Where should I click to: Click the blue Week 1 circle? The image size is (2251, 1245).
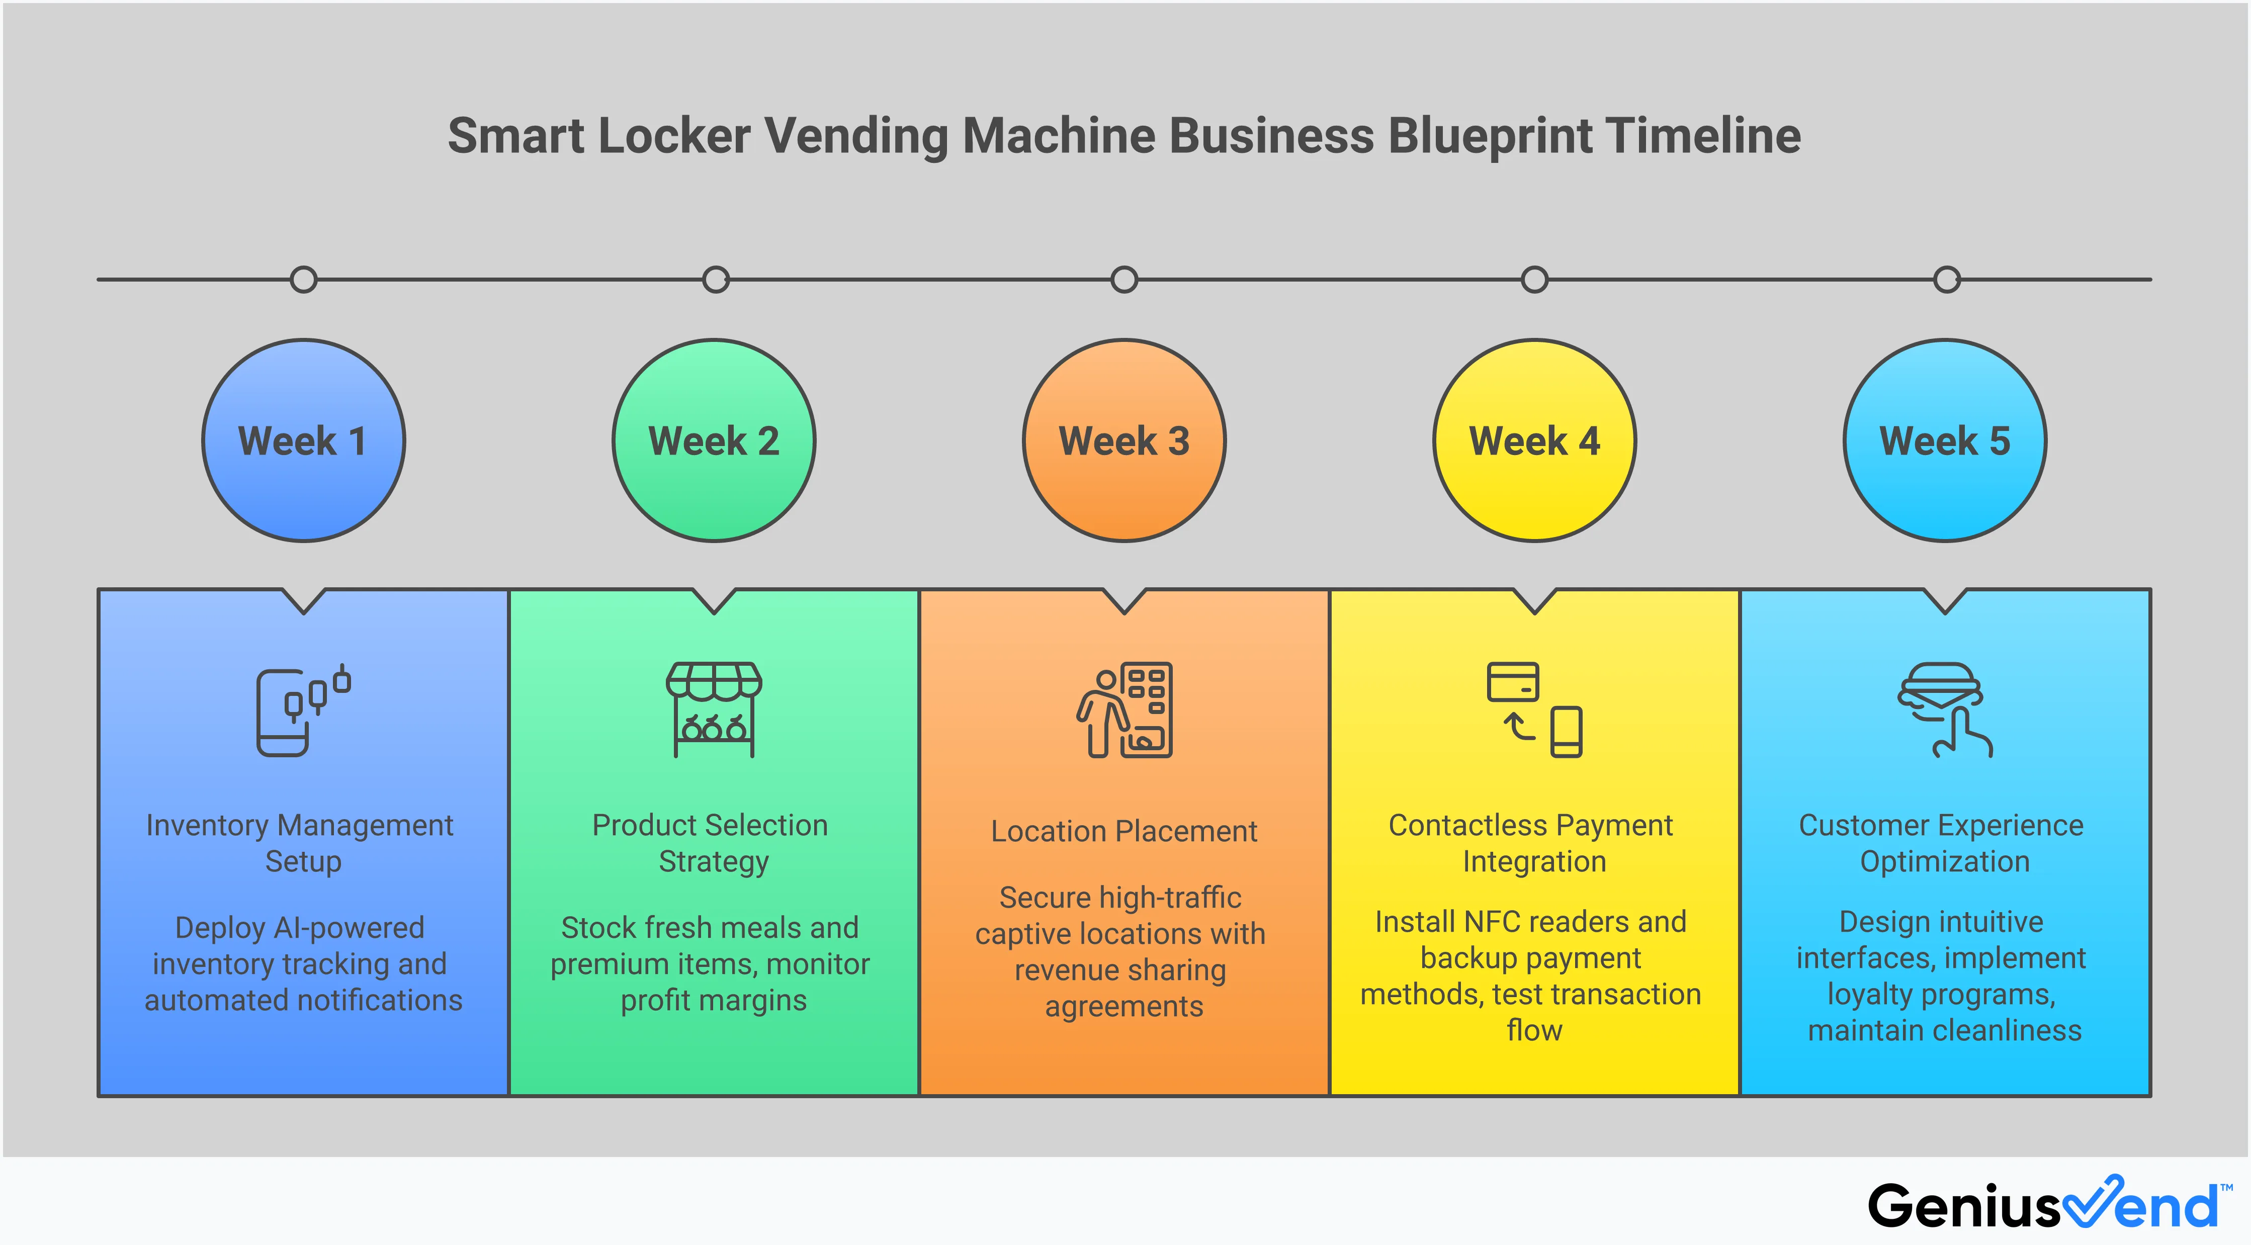(303, 440)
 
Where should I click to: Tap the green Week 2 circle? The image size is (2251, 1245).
(714, 440)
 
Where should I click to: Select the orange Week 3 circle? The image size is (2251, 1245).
(1124, 440)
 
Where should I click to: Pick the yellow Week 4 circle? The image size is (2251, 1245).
(1534, 440)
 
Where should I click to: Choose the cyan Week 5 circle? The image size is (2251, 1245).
(1945, 440)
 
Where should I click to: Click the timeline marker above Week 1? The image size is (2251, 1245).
(303, 280)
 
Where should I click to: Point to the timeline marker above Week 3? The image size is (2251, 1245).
(1124, 280)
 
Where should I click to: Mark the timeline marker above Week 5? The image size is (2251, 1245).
(1947, 280)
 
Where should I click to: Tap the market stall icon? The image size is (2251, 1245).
(714, 709)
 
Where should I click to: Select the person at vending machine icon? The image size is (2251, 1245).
(1124, 709)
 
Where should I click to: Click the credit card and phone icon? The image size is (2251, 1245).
(1534, 709)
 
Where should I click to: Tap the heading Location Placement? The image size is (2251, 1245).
(1124, 831)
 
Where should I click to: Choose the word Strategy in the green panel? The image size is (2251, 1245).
(714, 861)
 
